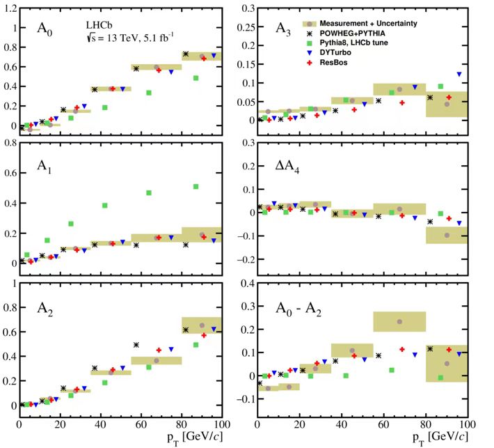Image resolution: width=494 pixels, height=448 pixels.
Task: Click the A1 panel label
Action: click(x=46, y=168)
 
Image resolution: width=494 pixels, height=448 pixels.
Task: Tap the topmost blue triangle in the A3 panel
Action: click(x=459, y=74)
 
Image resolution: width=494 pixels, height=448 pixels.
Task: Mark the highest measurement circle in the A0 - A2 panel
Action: click(x=399, y=321)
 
